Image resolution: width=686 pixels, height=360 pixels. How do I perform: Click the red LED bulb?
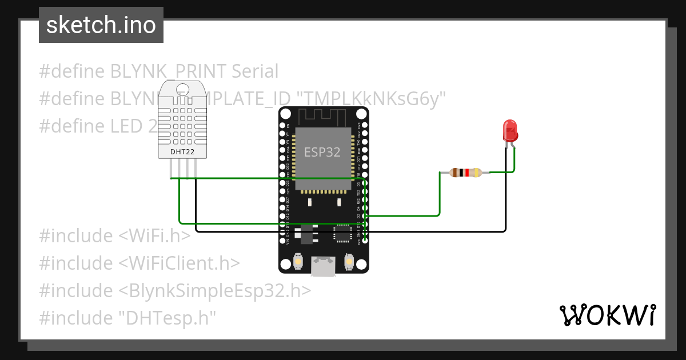(509, 131)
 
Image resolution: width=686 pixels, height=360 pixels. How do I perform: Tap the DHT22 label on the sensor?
(183, 152)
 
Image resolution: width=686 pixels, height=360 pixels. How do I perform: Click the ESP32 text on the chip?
(322, 152)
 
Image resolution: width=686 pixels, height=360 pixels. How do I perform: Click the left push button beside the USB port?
(298, 262)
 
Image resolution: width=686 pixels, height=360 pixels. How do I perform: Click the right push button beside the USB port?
(349, 262)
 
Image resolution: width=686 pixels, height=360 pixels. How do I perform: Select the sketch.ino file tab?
(101, 25)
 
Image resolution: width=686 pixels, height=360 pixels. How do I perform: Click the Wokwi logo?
(607, 315)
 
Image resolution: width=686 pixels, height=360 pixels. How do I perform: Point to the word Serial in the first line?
(255, 71)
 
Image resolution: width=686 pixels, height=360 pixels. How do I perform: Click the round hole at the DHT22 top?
(183, 89)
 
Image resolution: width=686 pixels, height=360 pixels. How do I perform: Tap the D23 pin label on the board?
(359, 125)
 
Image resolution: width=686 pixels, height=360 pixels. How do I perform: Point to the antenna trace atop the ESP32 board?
(324, 117)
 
